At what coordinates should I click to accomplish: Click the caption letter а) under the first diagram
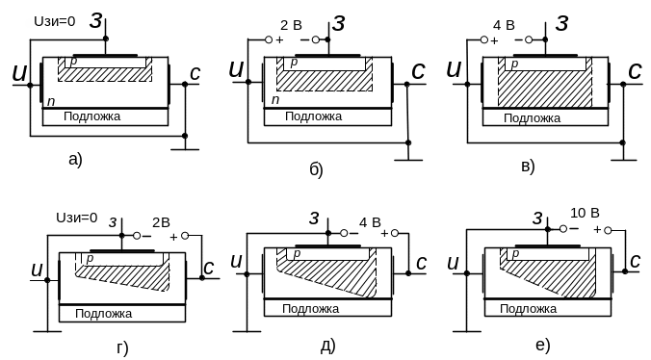click(75, 160)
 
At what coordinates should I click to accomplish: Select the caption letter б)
click(317, 169)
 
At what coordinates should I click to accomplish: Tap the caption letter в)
click(528, 167)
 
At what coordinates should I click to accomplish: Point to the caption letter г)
click(122, 348)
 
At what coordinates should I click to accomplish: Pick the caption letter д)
click(328, 346)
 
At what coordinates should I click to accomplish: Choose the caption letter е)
click(543, 345)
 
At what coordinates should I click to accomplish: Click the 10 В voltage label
click(585, 213)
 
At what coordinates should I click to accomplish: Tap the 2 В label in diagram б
click(291, 25)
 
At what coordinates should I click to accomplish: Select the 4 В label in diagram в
click(504, 25)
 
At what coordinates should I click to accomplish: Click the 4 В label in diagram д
click(370, 222)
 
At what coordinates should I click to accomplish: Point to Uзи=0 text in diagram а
click(54, 21)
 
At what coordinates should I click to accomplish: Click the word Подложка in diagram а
click(91, 116)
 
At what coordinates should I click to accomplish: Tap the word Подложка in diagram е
click(528, 309)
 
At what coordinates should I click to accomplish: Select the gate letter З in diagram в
click(561, 23)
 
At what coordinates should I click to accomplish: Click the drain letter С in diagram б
click(418, 71)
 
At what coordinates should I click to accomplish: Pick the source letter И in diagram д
click(236, 261)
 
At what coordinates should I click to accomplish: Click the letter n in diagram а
click(51, 101)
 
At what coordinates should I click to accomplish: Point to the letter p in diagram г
click(90, 258)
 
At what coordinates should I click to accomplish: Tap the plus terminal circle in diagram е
click(608, 230)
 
